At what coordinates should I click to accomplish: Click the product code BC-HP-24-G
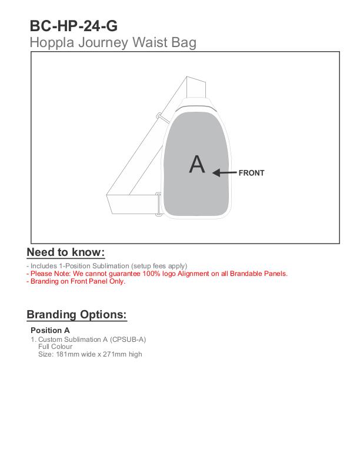[x=74, y=26]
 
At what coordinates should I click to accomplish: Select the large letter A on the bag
[x=197, y=164]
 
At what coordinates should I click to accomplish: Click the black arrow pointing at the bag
[x=224, y=173]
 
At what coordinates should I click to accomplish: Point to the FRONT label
[x=251, y=173]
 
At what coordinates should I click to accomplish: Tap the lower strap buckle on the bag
[x=158, y=204]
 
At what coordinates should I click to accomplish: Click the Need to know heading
[x=66, y=252]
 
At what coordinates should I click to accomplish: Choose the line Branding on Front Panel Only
[x=76, y=281]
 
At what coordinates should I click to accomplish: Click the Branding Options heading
[x=76, y=314]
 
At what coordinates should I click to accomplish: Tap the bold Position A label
[x=50, y=330]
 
